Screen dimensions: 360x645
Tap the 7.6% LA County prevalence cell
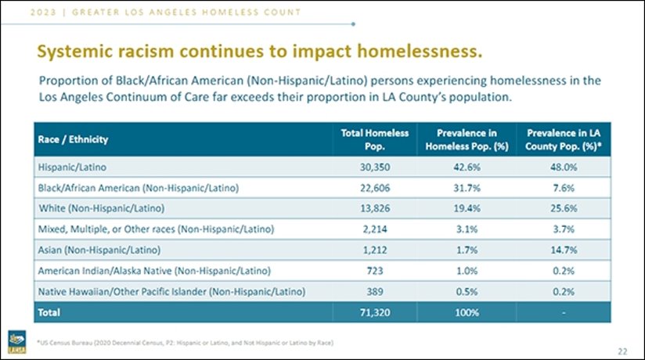tap(568, 188)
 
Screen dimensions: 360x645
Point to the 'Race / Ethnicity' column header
tap(74, 139)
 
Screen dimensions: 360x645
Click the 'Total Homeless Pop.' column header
tap(375, 139)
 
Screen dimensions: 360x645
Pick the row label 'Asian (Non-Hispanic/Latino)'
tap(99, 250)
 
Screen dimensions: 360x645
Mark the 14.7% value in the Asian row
tap(568, 250)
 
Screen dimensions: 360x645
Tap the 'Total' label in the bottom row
tap(49, 311)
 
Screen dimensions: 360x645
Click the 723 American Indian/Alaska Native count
tap(375, 270)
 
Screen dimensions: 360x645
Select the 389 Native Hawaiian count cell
tap(375, 291)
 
